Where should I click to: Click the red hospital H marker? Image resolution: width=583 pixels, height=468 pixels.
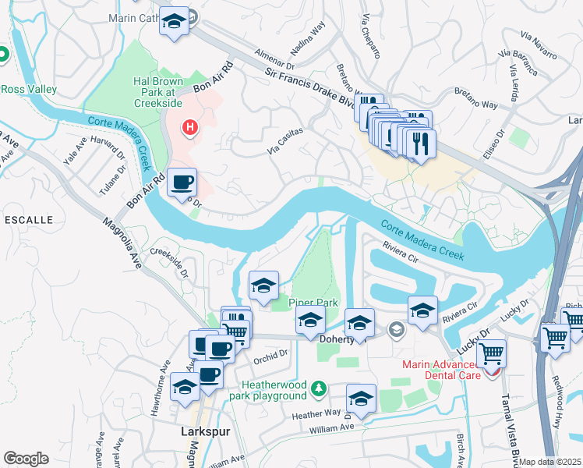[189, 126]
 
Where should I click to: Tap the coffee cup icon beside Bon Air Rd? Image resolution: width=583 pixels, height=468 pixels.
[182, 183]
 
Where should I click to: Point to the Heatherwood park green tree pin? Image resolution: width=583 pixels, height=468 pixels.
[317, 388]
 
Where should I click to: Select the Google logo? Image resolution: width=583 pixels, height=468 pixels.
[26, 458]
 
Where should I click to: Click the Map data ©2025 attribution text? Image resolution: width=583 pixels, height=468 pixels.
[550, 462]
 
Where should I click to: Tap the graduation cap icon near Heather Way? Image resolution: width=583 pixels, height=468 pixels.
[361, 399]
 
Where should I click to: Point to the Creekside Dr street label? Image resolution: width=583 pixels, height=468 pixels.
[170, 262]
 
